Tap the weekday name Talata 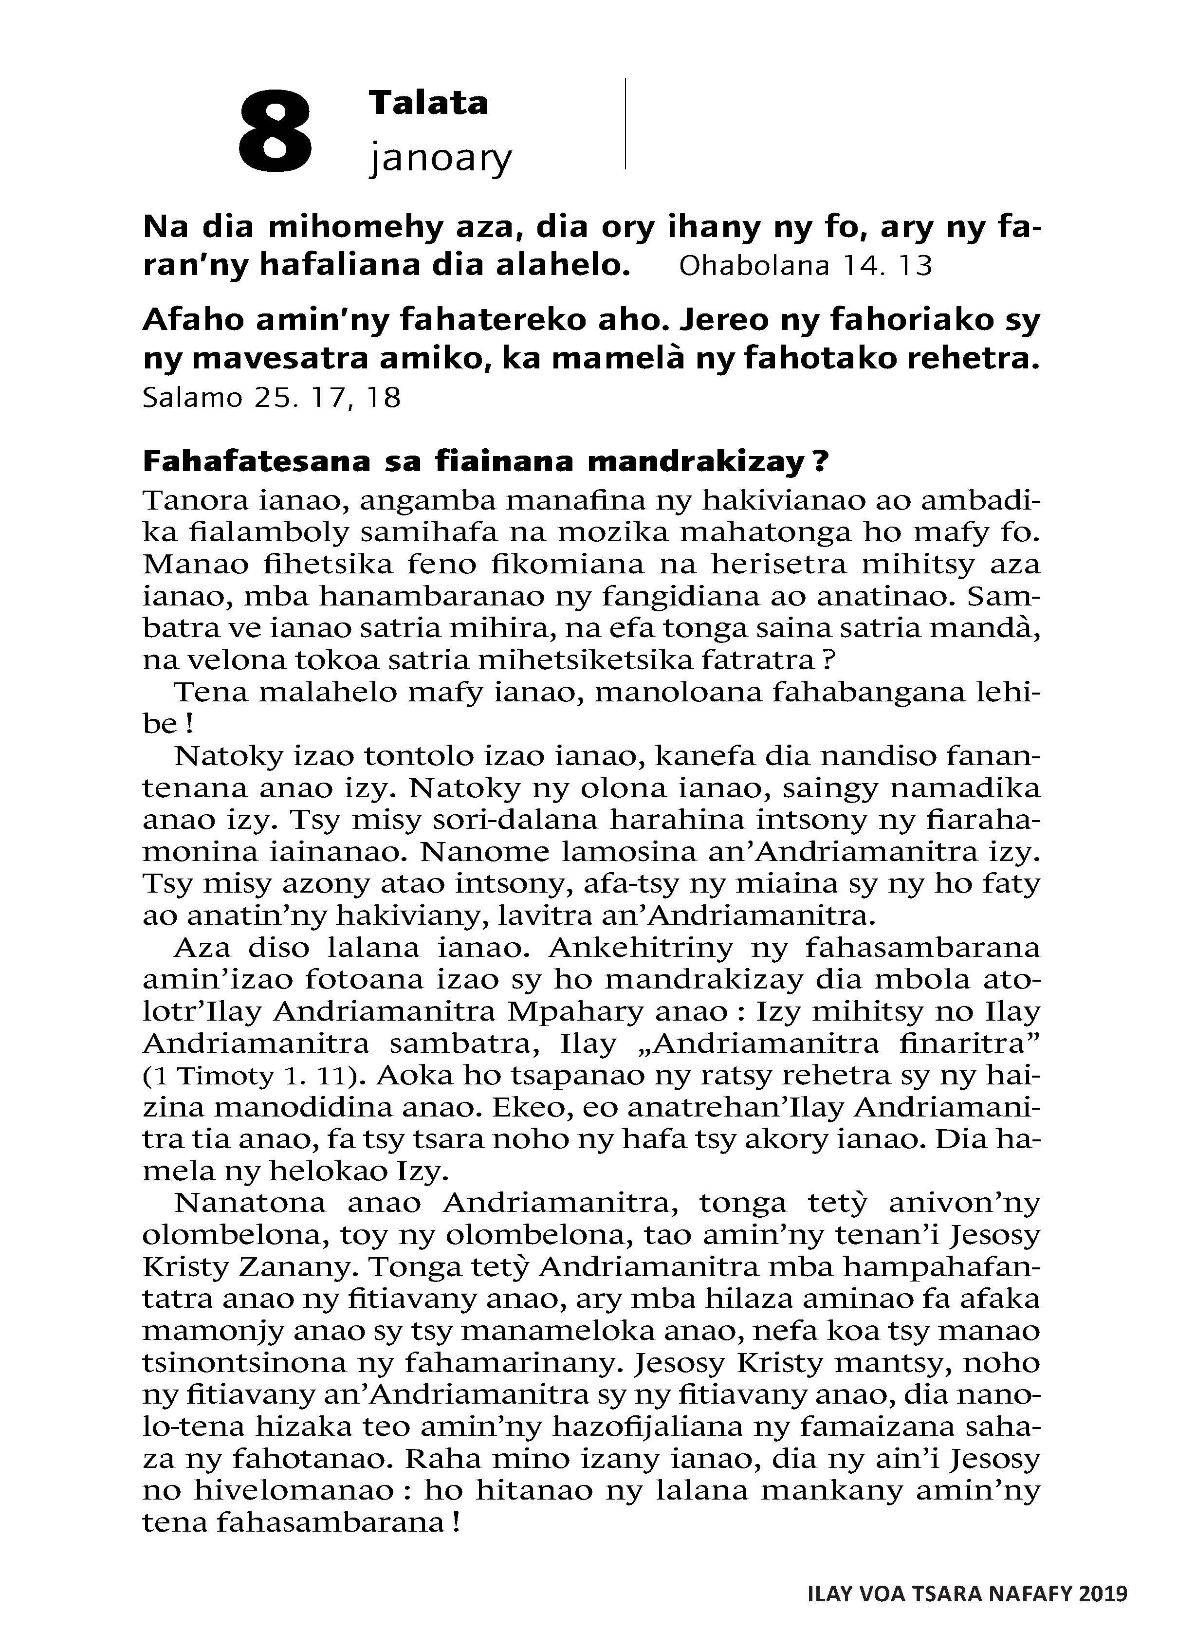tap(428, 103)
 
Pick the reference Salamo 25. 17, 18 tap(272, 397)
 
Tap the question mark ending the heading tap(820, 461)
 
